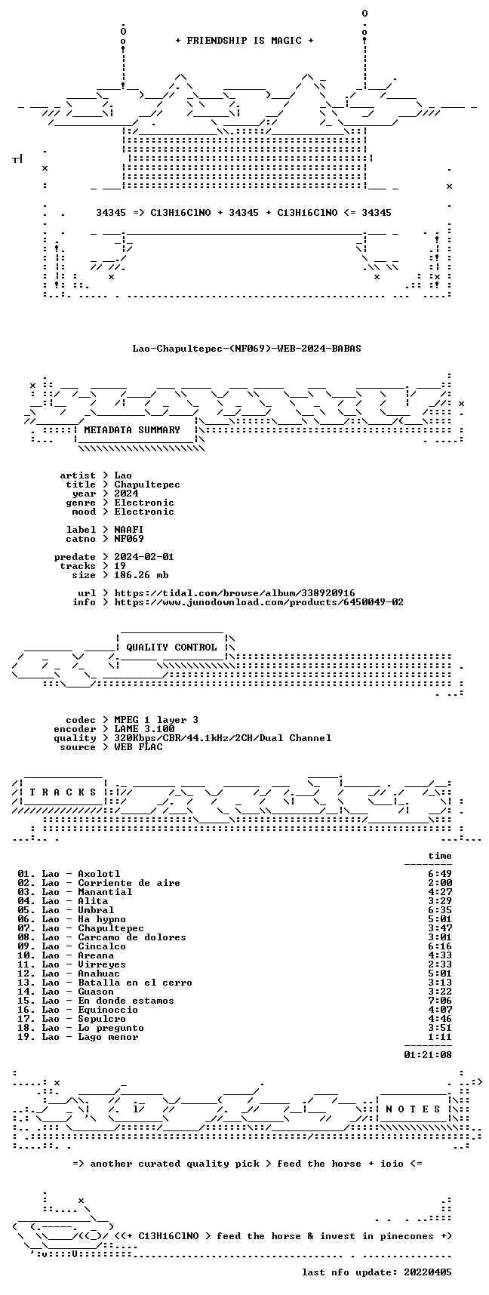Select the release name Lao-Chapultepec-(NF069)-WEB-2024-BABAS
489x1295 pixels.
247,349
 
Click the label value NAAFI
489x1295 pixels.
129,530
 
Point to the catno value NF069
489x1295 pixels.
129,539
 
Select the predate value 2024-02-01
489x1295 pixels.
144,557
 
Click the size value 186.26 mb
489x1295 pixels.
141,575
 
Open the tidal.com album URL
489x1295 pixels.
235,593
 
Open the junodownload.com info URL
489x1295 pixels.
259,602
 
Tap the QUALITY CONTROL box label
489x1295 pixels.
171,647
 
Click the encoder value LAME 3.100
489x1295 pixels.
144,729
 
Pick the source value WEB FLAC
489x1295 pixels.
138,747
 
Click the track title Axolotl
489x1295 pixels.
99,874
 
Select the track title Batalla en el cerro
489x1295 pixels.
135,983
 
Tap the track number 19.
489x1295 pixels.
26,1037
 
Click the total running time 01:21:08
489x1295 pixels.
428,1055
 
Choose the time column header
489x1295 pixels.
440,856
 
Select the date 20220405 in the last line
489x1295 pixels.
428,1272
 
